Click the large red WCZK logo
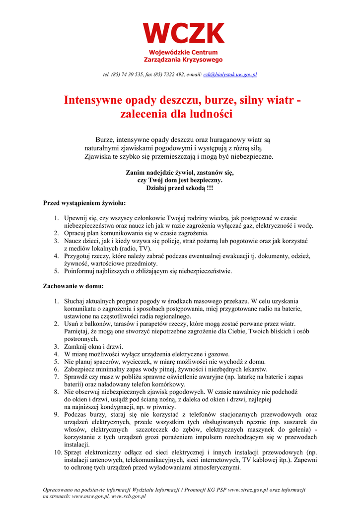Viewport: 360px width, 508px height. pos(183,34)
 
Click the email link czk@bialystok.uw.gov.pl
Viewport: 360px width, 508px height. pos(230,74)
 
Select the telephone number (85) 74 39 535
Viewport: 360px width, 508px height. pos(128,74)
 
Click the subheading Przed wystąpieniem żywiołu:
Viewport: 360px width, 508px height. pos(84,203)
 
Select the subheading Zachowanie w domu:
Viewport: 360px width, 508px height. pos(73,286)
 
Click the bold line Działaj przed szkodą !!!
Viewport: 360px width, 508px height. pos(179,188)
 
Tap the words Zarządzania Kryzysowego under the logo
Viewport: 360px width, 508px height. pos(183,60)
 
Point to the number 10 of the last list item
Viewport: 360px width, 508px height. pos(58,452)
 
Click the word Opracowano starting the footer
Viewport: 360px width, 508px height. pos(61,490)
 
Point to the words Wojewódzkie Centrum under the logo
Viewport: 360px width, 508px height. pos(183,53)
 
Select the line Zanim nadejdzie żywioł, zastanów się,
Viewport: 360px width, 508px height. pos(179,173)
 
